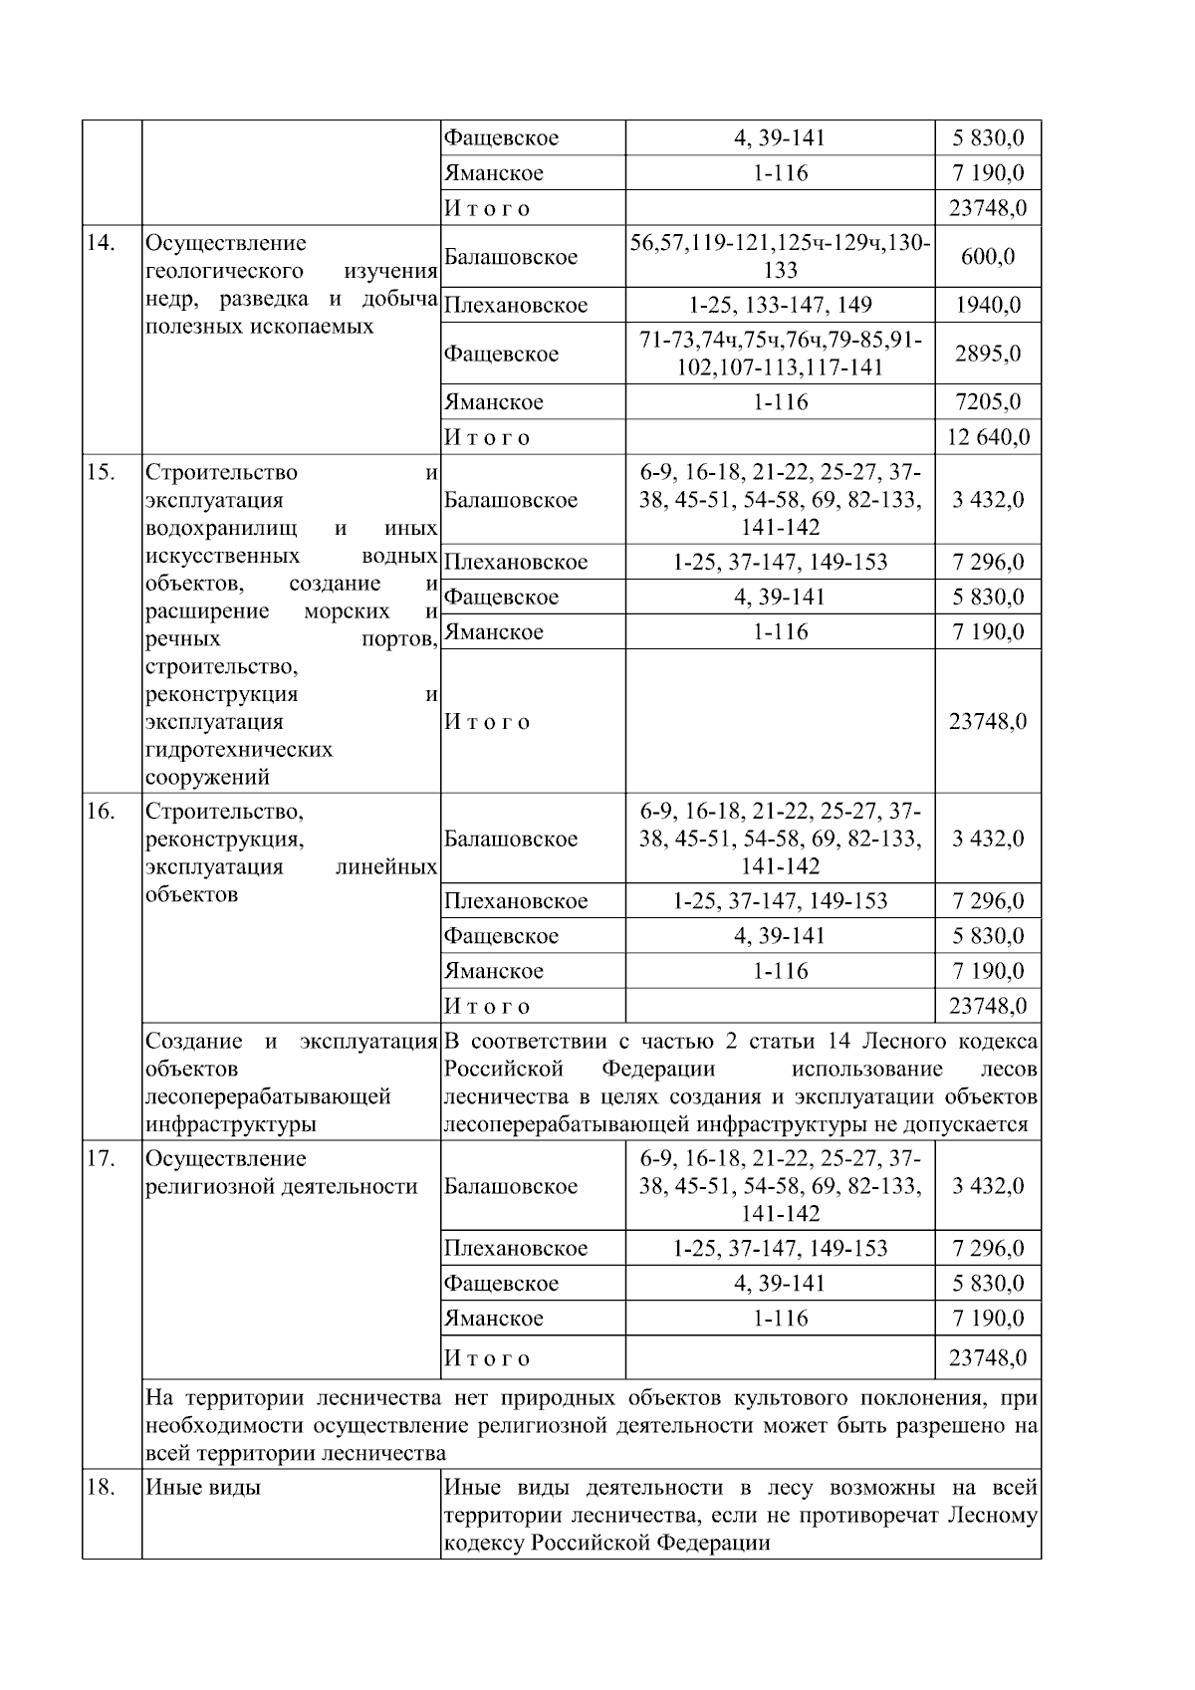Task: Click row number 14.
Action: point(100,243)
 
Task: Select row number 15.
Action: point(100,472)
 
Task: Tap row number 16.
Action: point(100,811)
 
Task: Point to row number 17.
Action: point(100,1158)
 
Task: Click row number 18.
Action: point(100,1487)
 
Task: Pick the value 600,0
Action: point(987,257)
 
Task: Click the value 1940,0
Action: point(987,305)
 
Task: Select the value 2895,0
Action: point(987,354)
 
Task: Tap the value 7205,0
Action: point(987,402)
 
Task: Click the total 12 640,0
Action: point(987,437)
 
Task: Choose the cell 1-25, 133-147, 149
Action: point(780,305)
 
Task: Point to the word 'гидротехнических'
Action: point(239,749)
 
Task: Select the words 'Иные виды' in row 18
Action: point(203,1487)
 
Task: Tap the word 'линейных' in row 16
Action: point(387,866)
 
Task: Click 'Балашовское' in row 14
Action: point(511,257)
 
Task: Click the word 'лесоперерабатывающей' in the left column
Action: point(268,1096)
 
